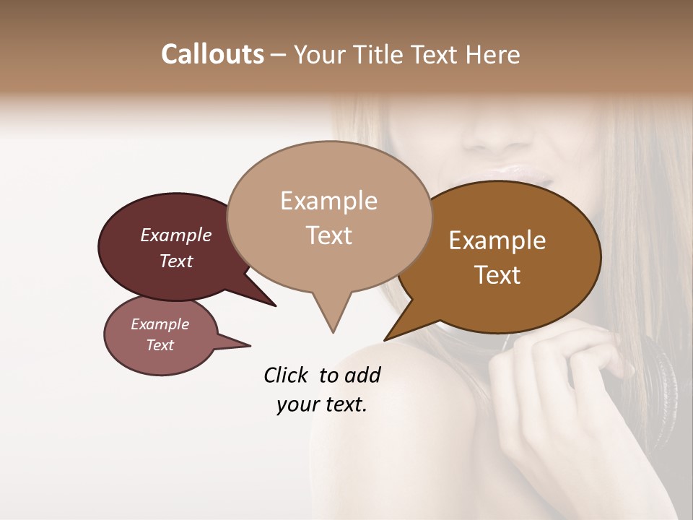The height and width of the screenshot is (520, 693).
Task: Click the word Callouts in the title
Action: (212, 54)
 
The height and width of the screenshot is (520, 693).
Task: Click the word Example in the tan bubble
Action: (328, 201)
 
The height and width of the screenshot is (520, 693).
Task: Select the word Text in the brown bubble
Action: (498, 275)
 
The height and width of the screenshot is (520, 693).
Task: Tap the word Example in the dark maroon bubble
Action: (176, 235)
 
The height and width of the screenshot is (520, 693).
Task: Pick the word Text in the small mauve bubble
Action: (160, 345)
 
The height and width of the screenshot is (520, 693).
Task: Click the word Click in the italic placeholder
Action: (286, 375)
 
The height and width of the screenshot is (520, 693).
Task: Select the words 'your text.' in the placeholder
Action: (322, 404)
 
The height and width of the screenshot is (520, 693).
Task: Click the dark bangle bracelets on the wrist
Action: (661, 376)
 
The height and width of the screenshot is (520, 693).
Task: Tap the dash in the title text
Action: (279, 55)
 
